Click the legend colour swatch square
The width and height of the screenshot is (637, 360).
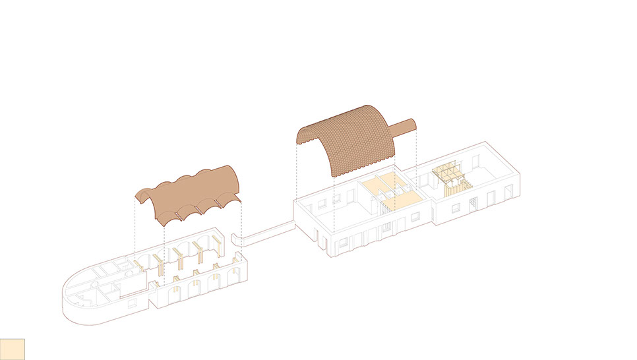pos(13,349)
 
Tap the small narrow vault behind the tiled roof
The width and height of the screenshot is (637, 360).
pos(404,126)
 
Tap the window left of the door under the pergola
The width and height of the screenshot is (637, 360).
pos(456,208)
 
